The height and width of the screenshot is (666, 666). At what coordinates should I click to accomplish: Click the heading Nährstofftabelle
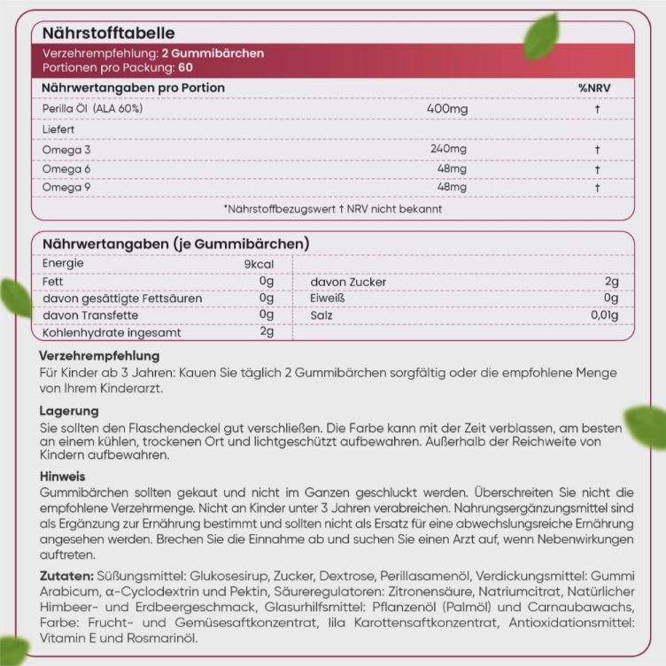tap(102, 34)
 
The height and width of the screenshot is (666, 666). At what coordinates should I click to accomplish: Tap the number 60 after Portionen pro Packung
tap(184, 67)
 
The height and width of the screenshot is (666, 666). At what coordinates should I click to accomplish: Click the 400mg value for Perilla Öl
tap(447, 108)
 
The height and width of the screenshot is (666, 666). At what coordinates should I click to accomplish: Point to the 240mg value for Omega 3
tap(448, 149)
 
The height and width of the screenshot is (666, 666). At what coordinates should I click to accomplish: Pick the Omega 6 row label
tap(66, 168)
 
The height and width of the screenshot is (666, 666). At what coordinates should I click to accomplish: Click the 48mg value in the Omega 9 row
tap(452, 188)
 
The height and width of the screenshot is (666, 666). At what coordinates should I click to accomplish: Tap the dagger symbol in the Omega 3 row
tap(598, 149)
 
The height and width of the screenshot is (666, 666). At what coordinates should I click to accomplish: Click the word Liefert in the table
tap(58, 129)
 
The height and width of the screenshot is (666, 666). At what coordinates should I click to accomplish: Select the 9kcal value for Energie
tap(259, 264)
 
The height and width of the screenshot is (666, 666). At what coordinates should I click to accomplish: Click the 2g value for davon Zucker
tap(611, 282)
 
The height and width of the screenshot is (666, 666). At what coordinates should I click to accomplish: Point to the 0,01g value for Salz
tap(604, 315)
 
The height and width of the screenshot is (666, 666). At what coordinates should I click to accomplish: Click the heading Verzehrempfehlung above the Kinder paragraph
tap(99, 355)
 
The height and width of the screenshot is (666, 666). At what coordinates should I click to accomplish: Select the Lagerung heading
tap(69, 411)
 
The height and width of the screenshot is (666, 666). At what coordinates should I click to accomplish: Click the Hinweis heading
tap(63, 476)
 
